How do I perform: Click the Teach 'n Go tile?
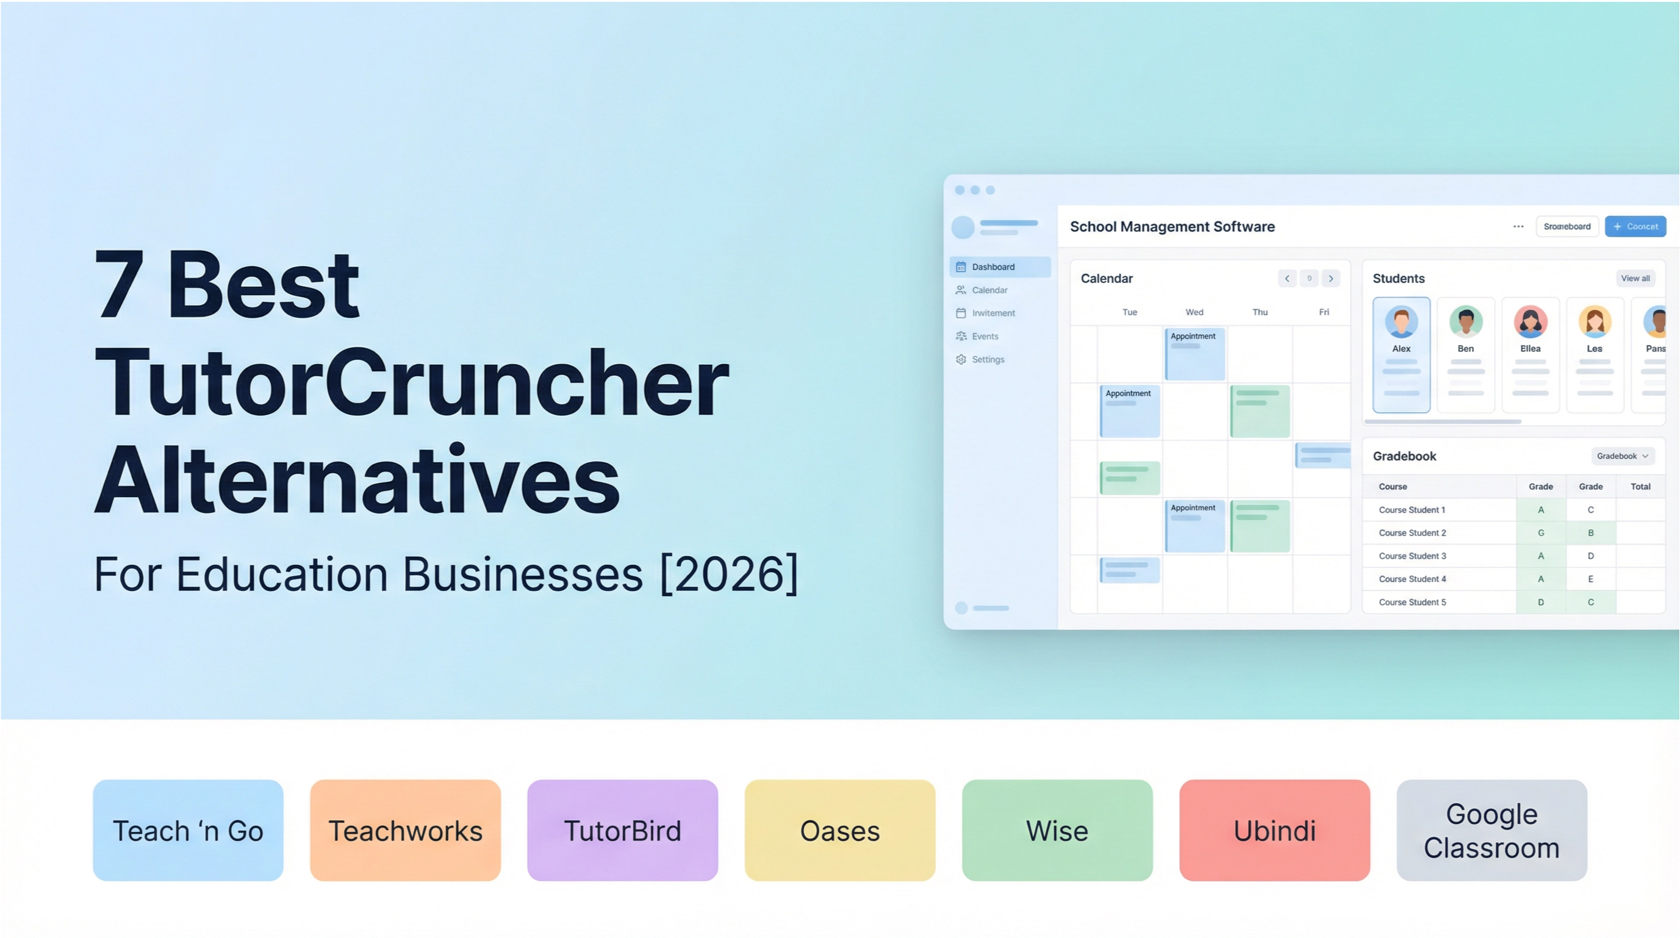[x=188, y=831]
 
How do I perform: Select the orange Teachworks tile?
[x=405, y=831]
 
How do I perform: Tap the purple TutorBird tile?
[x=622, y=831]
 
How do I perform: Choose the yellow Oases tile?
[x=839, y=831]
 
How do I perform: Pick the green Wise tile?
[x=1057, y=831]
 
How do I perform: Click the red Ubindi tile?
[x=1274, y=831]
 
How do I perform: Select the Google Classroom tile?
[x=1492, y=831]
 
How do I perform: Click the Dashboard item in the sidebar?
[x=993, y=267]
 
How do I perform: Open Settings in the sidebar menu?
[x=988, y=359]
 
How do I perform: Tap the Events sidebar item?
[x=984, y=336]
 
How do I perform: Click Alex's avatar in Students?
[x=1401, y=321]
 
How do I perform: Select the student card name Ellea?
[x=1530, y=349]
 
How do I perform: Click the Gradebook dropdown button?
[x=1622, y=456]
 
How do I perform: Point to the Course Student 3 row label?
[x=1412, y=556]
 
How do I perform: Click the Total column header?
[x=1640, y=486]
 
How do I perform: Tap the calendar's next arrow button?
[x=1330, y=278]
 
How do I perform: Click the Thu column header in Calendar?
[x=1259, y=312]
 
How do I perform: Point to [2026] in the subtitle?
[x=729, y=574]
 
